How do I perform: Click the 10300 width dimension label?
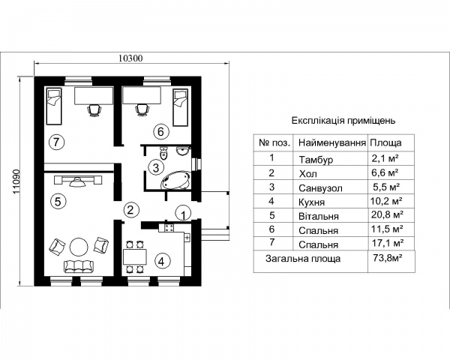click(x=130, y=58)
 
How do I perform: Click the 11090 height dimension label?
click(x=16, y=181)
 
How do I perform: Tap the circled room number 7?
click(x=56, y=142)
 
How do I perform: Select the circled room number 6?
click(x=160, y=131)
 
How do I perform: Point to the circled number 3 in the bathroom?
click(x=156, y=167)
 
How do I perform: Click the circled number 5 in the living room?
click(x=58, y=201)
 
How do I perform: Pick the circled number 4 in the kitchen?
click(x=163, y=262)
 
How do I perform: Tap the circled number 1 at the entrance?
click(x=184, y=213)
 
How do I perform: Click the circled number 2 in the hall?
click(x=130, y=209)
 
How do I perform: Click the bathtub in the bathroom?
click(x=176, y=180)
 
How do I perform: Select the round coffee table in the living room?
click(x=79, y=247)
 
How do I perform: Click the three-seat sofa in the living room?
click(x=79, y=266)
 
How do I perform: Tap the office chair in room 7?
click(x=94, y=110)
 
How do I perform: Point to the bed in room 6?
click(x=181, y=107)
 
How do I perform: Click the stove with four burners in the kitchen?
click(x=169, y=228)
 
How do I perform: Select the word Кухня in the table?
click(x=312, y=202)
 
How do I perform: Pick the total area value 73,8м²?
click(x=387, y=258)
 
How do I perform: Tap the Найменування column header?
click(x=332, y=142)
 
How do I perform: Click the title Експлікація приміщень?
click(x=343, y=121)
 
